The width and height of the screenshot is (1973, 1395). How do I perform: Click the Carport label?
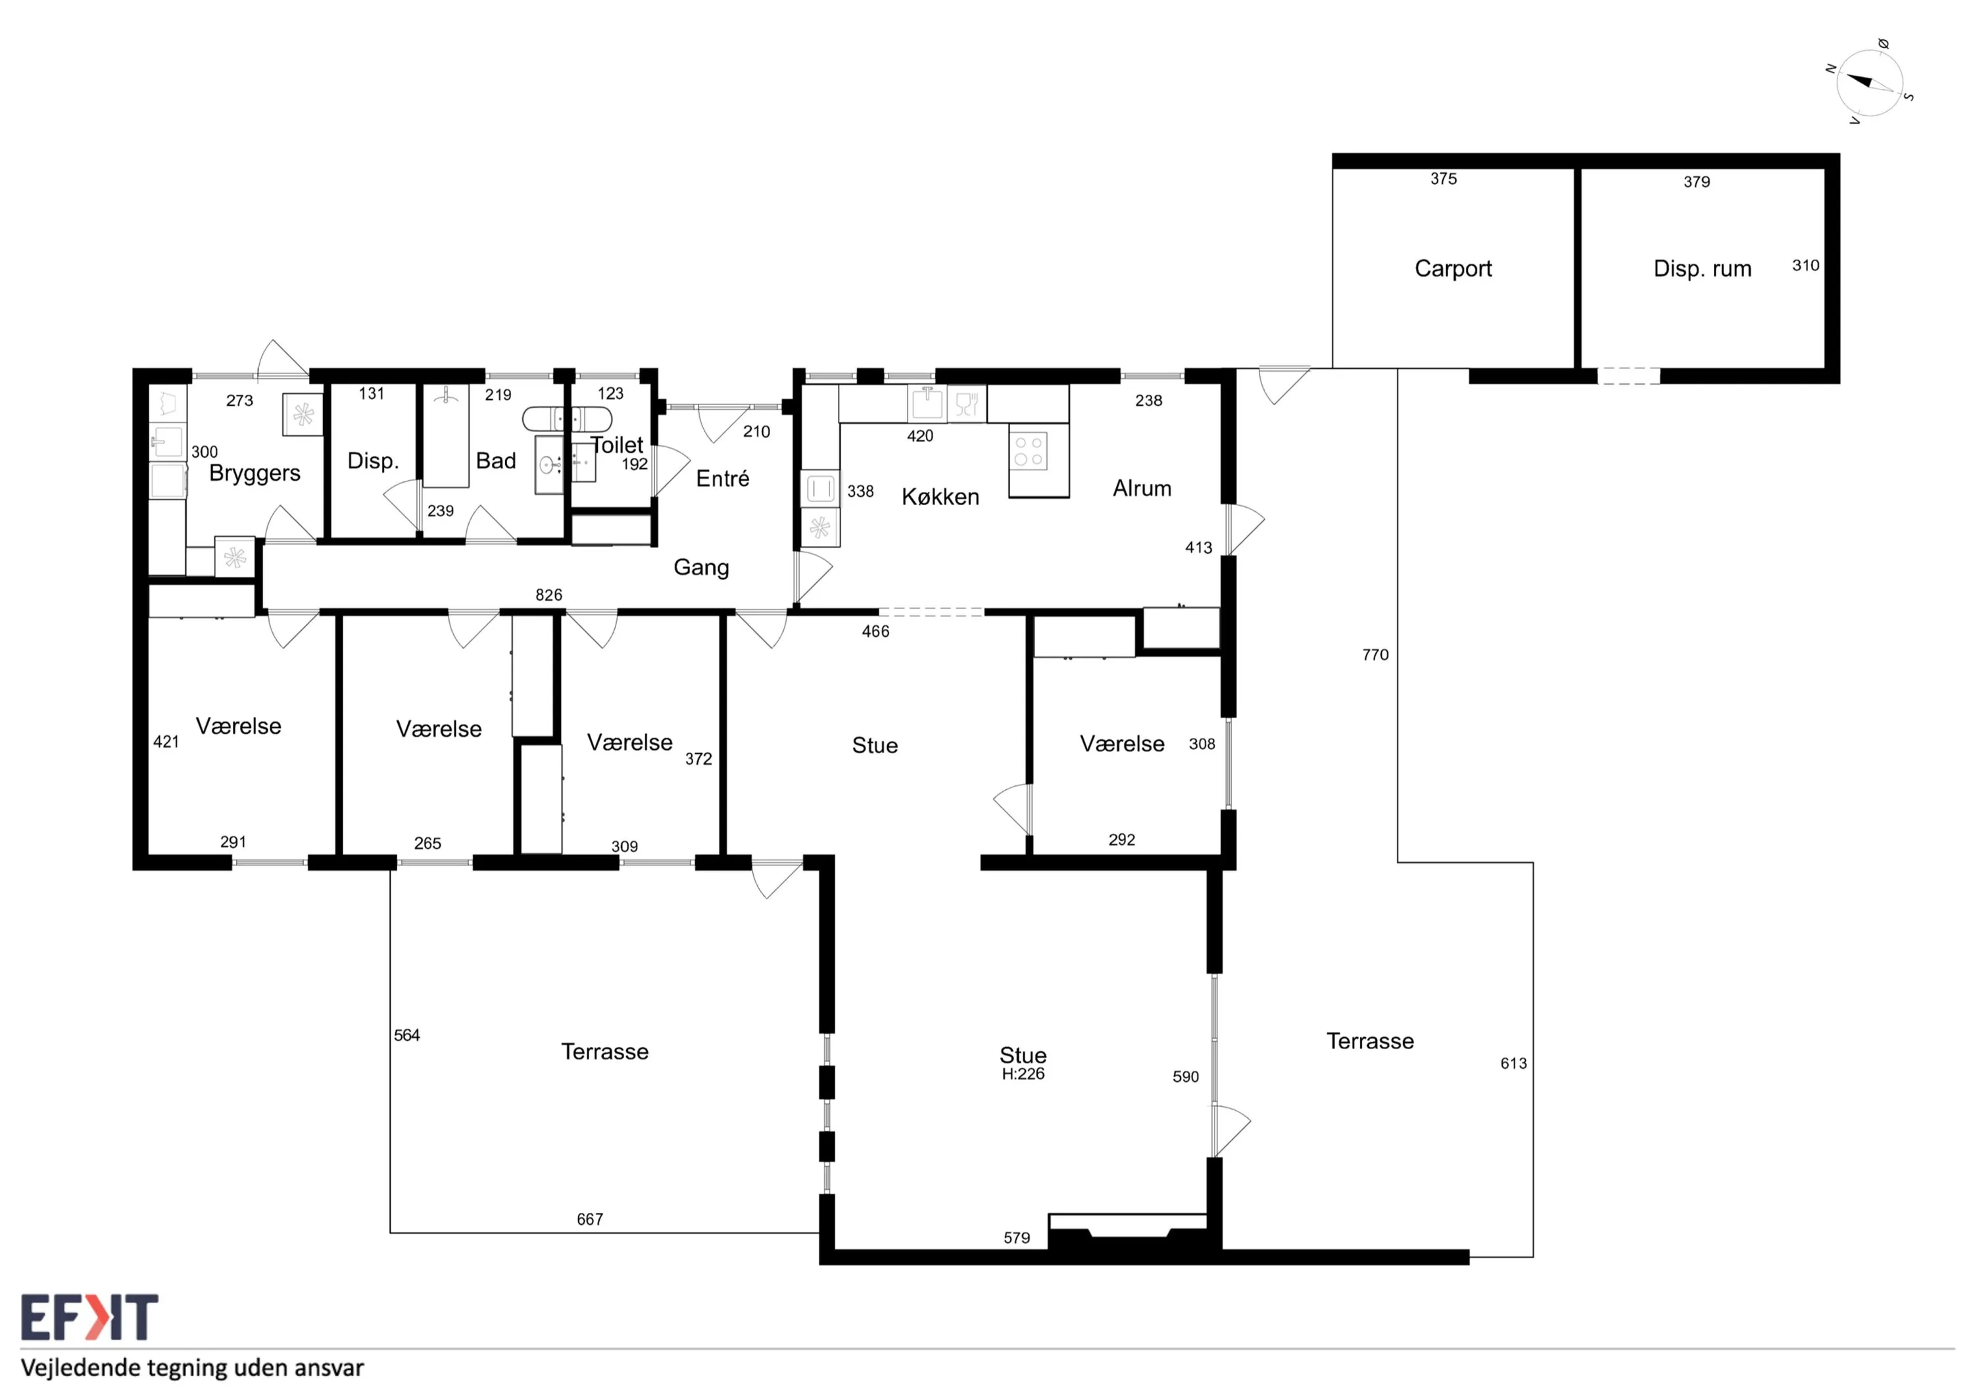(1453, 269)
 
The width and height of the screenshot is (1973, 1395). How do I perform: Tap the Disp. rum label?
(1702, 269)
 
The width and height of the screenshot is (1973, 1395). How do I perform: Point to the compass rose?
(1870, 82)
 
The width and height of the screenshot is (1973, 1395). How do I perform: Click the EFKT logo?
(89, 1317)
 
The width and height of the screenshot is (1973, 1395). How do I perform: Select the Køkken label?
(940, 497)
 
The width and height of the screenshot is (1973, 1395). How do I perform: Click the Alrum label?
(1142, 488)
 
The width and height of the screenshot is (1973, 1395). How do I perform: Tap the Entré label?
(723, 478)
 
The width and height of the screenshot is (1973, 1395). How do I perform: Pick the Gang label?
(701, 568)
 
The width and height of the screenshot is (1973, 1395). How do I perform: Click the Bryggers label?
(255, 474)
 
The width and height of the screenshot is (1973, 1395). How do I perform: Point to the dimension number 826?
(549, 595)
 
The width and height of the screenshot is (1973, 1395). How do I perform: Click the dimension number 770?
(1375, 655)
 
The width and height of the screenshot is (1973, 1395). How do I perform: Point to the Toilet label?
(617, 445)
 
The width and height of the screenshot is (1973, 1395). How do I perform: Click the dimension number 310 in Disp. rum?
(1805, 266)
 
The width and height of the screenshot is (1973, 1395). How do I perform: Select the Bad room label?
(496, 460)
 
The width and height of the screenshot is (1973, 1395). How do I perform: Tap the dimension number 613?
(1513, 1064)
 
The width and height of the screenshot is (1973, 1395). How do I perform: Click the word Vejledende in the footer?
(81, 1368)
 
